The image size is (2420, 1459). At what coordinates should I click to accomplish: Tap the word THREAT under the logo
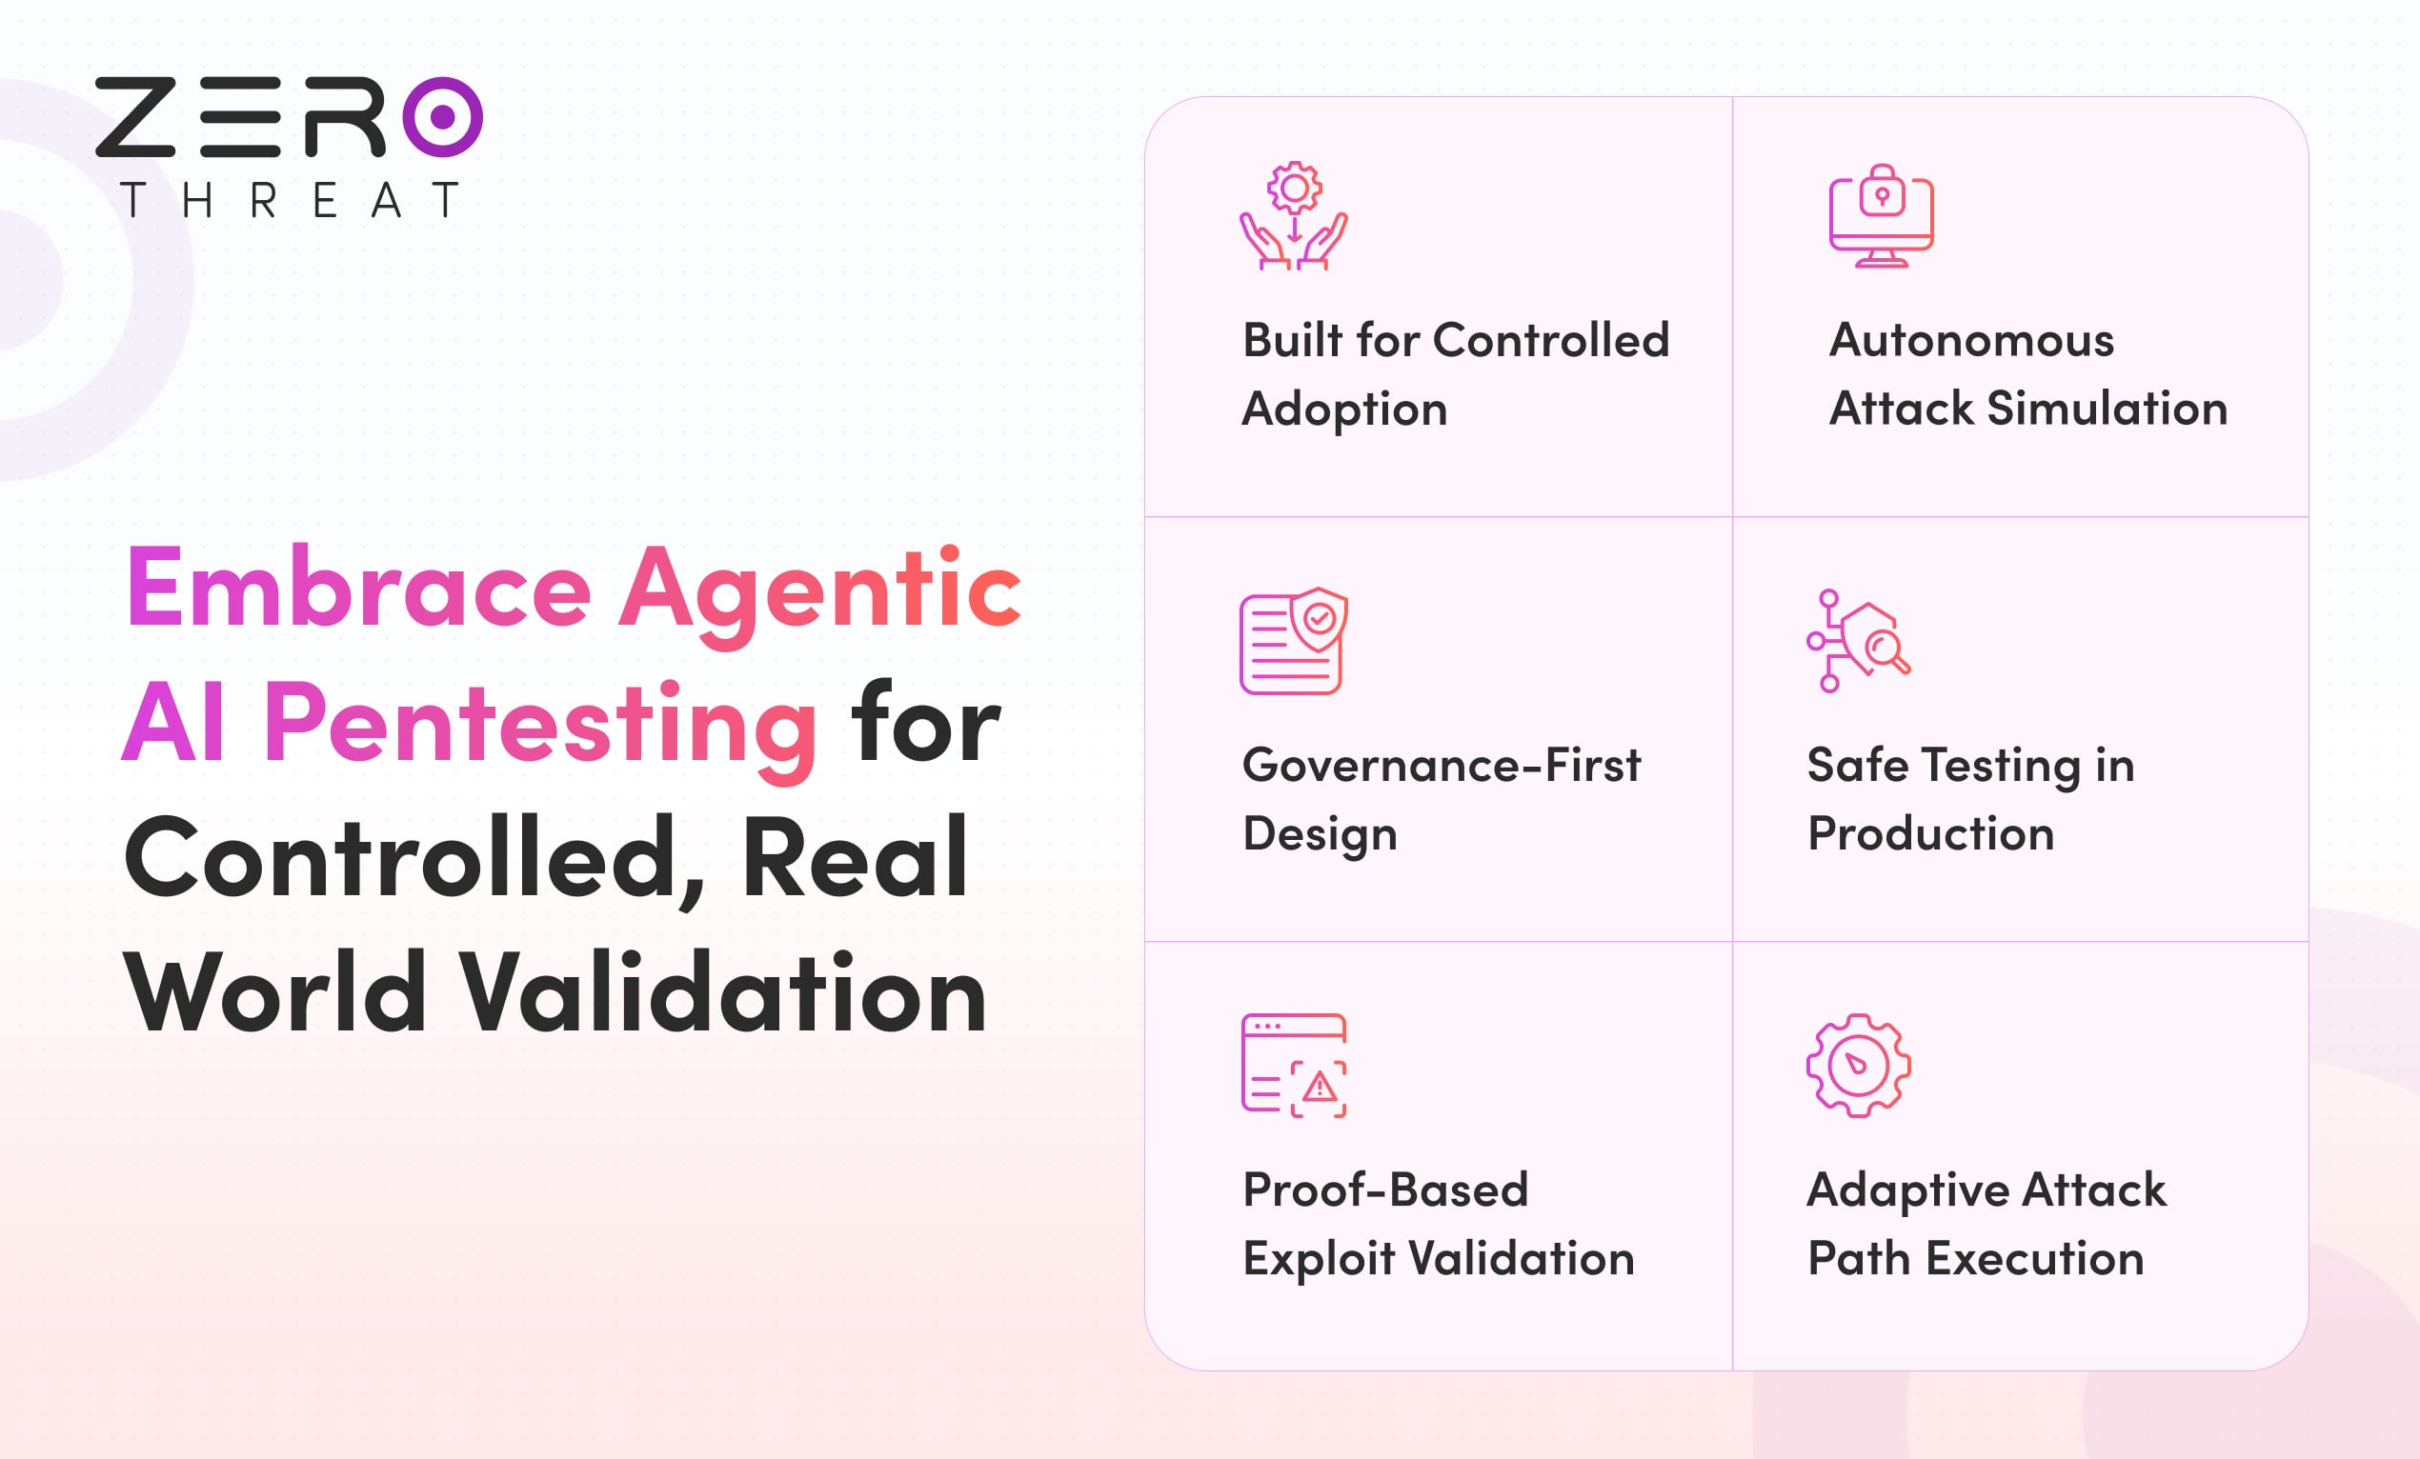290,200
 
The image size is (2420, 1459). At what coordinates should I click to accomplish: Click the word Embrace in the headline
358,588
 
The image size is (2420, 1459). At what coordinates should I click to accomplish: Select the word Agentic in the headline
820,595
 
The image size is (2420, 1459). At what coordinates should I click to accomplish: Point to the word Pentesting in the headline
540,729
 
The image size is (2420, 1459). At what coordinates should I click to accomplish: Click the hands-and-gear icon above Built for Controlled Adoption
1294,215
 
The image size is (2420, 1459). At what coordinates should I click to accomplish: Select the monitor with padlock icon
1881,215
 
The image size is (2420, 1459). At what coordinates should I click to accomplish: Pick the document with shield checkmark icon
1294,640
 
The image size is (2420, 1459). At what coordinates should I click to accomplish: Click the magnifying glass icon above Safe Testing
1858,640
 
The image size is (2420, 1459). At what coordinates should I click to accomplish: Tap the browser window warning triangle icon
1294,1066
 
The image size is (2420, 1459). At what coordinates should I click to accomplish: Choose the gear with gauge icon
1858,1066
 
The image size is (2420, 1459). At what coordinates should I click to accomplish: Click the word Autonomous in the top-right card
1971,341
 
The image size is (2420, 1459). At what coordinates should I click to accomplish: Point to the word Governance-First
1441,765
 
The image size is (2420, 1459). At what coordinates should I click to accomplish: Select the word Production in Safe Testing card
1931,833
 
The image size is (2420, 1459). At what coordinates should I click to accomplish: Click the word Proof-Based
1384,1190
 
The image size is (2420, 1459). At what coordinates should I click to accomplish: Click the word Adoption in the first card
1344,410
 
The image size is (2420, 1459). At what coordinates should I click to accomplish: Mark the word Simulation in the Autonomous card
2107,409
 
